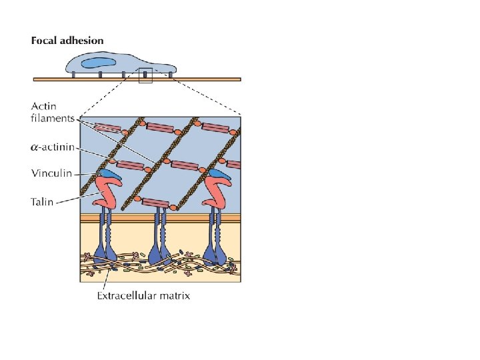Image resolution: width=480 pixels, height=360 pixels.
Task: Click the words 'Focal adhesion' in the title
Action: pos(67,41)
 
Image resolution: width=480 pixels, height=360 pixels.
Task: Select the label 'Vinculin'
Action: pos(51,173)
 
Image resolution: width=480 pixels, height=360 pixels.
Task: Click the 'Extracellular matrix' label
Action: pos(143,295)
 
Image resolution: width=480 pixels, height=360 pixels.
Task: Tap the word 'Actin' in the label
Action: pos(44,107)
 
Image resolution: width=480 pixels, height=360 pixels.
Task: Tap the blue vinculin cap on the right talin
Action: pos(219,175)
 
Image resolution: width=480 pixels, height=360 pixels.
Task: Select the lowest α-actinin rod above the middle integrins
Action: pos(155,202)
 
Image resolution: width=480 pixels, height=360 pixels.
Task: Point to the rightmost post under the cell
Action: pos(171,75)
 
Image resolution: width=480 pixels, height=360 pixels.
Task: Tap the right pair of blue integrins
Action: pos(217,240)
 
